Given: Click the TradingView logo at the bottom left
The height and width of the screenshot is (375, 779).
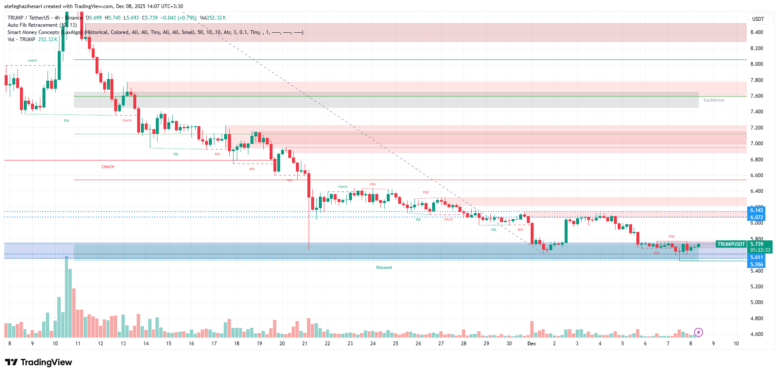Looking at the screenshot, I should pyautogui.click(x=39, y=362).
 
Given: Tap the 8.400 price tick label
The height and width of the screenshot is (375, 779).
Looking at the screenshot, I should pyautogui.click(x=757, y=32).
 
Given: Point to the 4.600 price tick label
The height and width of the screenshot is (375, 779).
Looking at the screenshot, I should pyautogui.click(x=757, y=334).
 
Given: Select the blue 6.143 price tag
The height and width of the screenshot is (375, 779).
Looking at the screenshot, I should pyautogui.click(x=757, y=210).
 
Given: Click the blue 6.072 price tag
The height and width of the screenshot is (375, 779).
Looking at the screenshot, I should pyautogui.click(x=757, y=217).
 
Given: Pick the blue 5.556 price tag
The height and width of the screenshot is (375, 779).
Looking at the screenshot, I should pyautogui.click(x=757, y=265).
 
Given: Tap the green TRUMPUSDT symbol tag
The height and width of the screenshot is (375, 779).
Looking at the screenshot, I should pyautogui.click(x=731, y=244).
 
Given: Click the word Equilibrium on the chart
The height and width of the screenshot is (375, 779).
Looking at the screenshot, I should pyautogui.click(x=714, y=100).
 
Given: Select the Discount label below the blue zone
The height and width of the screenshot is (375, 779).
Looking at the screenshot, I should pyautogui.click(x=384, y=268).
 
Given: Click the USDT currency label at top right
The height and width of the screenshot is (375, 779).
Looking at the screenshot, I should pyautogui.click(x=758, y=19).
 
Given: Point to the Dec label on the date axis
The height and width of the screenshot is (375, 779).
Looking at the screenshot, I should pyautogui.click(x=532, y=344).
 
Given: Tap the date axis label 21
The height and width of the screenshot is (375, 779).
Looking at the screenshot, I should pyautogui.click(x=304, y=344).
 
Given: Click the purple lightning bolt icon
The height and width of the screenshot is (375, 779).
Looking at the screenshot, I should pyautogui.click(x=698, y=332).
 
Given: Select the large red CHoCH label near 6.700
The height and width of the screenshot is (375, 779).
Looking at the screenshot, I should pyautogui.click(x=108, y=167).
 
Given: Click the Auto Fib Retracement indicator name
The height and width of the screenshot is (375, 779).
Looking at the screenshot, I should pyautogui.click(x=32, y=25).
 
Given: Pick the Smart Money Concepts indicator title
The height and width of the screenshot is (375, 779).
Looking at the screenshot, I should pyautogui.click(x=33, y=32).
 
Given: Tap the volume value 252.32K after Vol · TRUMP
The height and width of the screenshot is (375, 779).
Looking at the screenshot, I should pyautogui.click(x=48, y=39).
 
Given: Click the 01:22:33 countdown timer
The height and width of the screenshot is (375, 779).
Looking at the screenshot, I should pyautogui.click(x=760, y=250).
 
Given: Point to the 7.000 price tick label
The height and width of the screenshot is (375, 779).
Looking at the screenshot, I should pyautogui.click(x=757, y=144).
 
